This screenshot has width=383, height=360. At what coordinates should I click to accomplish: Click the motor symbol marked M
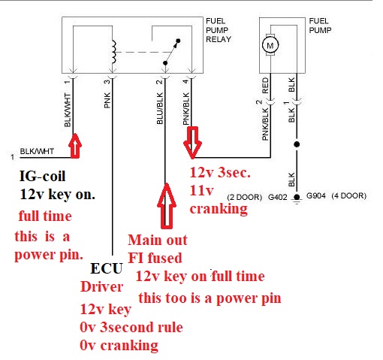(x=270, y=45)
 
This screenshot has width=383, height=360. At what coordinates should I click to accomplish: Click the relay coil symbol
(x=114, y=52)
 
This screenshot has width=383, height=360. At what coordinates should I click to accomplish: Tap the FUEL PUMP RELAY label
(x=219, y=30)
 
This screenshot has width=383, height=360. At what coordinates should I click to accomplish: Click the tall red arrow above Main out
(x=167, y=206)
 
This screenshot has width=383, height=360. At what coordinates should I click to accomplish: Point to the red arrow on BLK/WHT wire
(x=75, y=146)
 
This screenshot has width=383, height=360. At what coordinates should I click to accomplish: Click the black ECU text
(x=107, y=268)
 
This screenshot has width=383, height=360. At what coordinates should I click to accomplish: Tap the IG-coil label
(x=42, y=176)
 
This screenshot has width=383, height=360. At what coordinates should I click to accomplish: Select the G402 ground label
(x=278, y=197)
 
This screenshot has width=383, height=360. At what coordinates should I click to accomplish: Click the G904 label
(x=316, y=195)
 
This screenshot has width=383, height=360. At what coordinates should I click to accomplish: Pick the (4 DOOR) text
(x=349, y=195)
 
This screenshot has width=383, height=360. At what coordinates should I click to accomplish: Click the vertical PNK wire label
(x=107, y=100)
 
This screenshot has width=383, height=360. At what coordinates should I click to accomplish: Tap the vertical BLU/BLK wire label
(x=160, y=108)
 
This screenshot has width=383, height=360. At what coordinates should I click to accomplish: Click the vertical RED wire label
(x=265, y=86)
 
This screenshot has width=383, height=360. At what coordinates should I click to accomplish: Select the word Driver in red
(x=101, y=287)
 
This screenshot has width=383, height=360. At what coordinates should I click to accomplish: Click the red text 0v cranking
(x=119, y=346)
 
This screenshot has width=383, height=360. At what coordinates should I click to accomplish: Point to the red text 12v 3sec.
(x=220, y=172)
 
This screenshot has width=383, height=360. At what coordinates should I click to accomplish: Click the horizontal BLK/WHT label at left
(x=37, y=151)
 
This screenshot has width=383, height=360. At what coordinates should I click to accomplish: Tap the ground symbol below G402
(x=297, y=199)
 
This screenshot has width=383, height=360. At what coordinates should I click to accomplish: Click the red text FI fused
(x=155, y=258)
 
